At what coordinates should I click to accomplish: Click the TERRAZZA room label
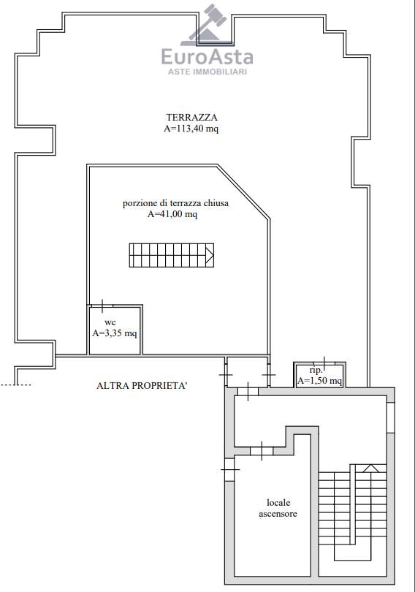[x=191, y=118]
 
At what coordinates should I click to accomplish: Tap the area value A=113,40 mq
[x=191, y=129]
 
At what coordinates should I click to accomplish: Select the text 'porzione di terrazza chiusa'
[x=175, y=203]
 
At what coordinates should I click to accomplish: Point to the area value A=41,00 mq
[x=172, y=214]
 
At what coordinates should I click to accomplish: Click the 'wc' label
[x=110, y=322]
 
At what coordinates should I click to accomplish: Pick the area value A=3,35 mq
[x=115, y=333]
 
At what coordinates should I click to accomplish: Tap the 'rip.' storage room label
[x=316, y=371]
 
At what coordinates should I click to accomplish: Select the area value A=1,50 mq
[x=319, y=381]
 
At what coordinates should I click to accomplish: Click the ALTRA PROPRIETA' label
[x=142, y=385]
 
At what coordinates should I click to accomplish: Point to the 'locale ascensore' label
[x=278, y=508]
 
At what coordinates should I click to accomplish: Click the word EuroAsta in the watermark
[x=207, y=57]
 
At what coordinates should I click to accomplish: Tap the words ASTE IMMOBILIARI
[x=207, y=72]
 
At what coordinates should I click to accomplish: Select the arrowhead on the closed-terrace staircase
[x=210, y=255]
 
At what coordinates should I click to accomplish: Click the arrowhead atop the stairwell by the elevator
[x=371, y=468]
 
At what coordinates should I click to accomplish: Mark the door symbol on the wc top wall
[x=102, y=306]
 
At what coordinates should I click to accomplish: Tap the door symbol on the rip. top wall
[x=324, y=363]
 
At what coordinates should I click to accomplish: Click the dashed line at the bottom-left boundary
[x=15, y=385]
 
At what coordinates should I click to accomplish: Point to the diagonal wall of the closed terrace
[x=243, y=191]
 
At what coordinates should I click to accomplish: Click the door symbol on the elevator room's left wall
[x=229, y=469]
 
